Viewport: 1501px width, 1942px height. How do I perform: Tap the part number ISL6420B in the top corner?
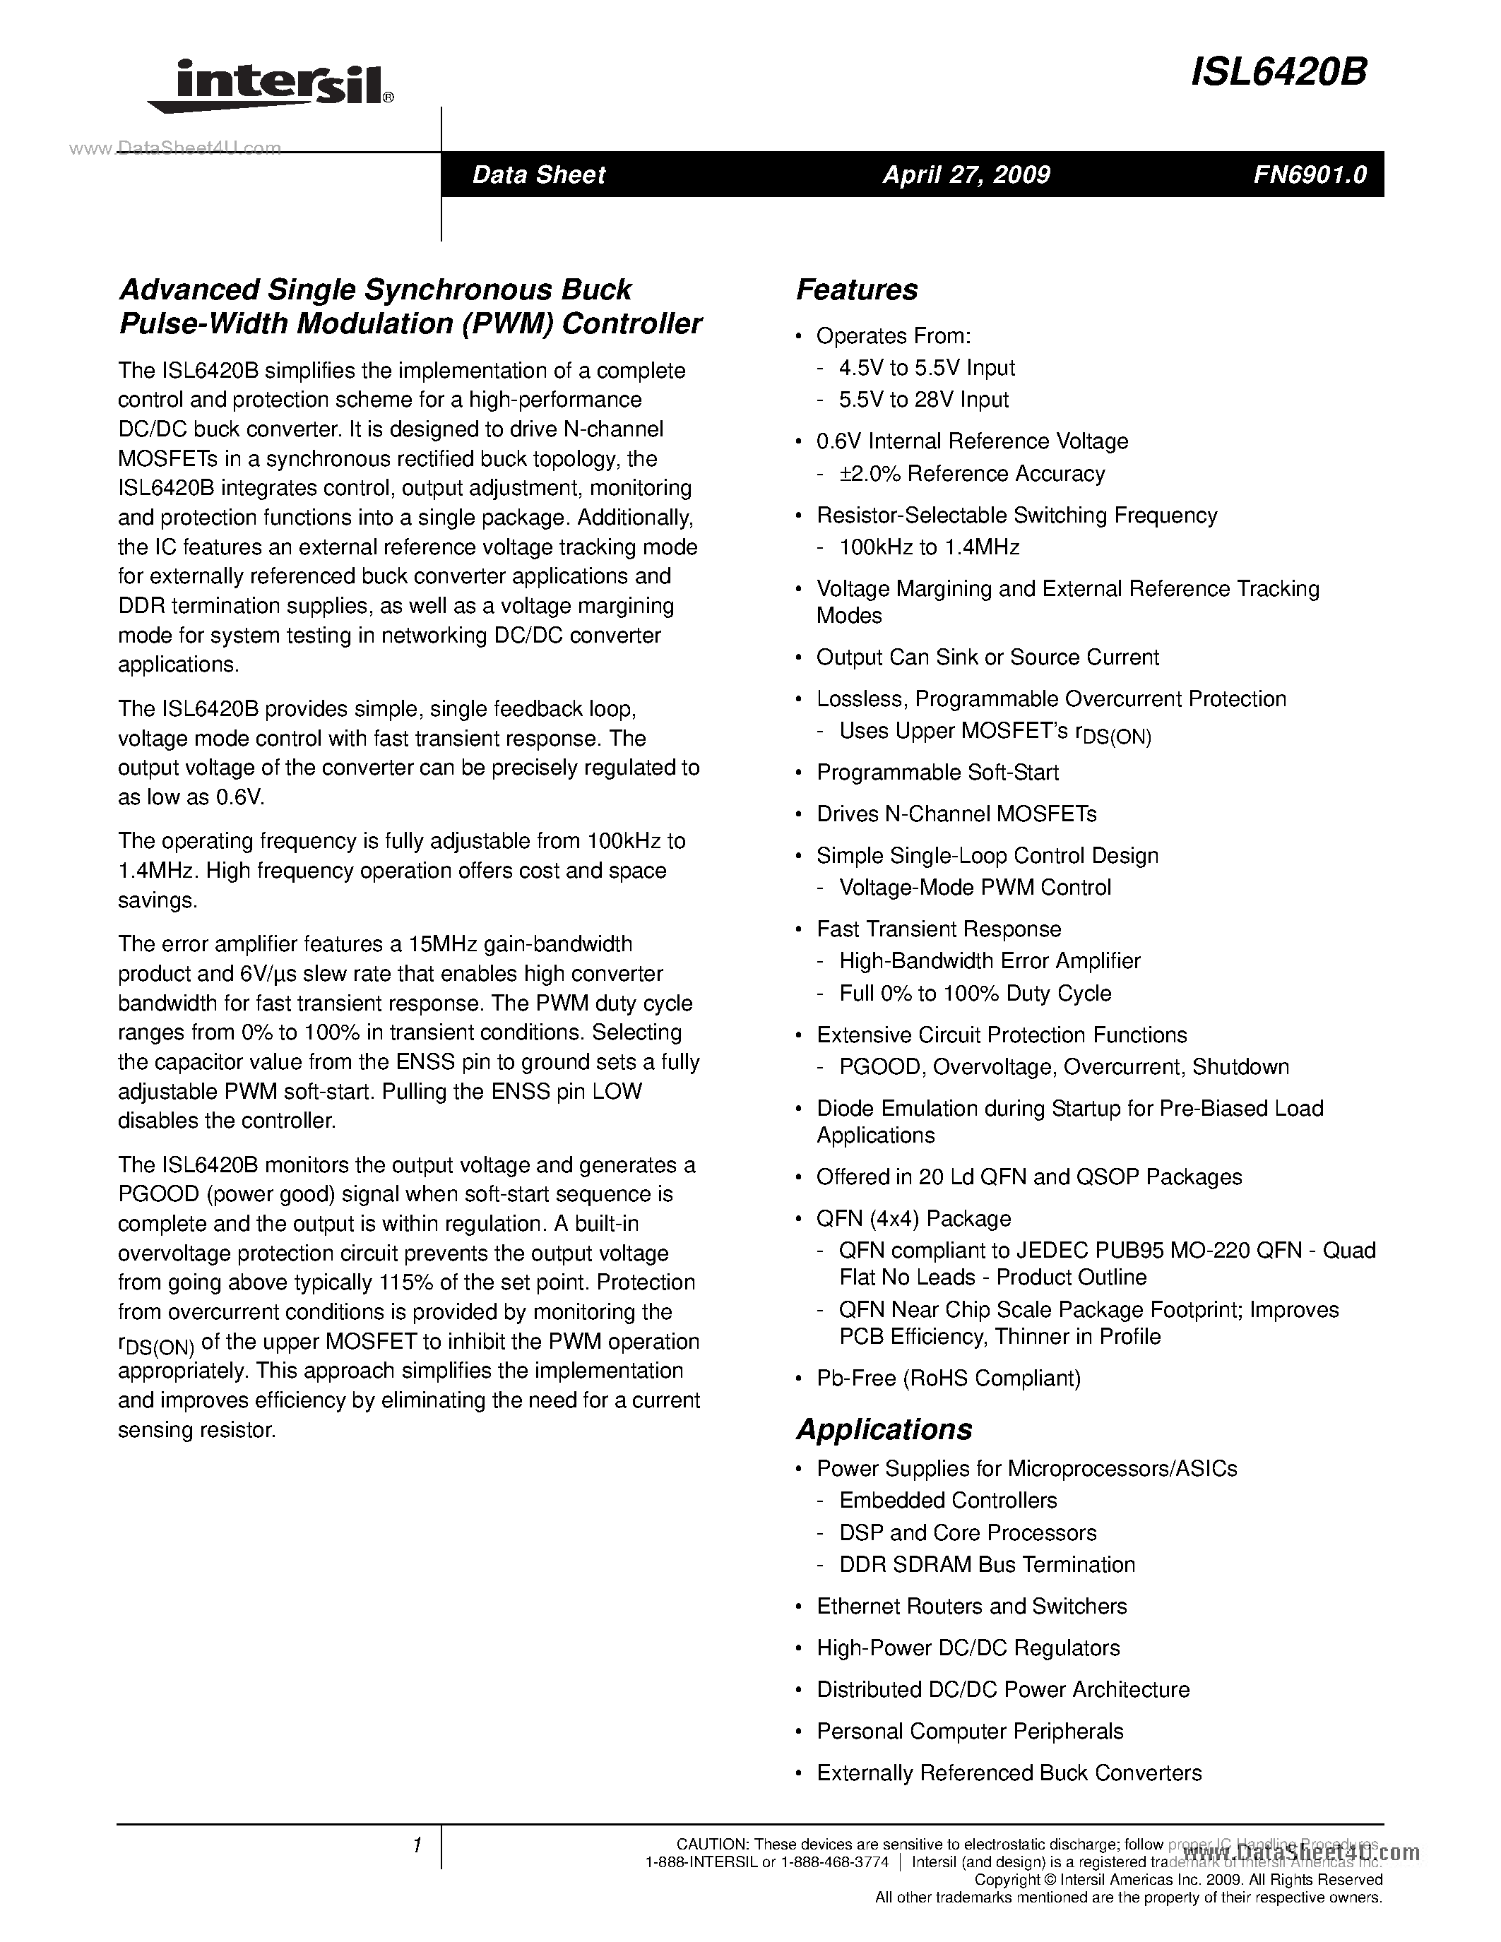pyautogui.click(x=1278, y=73)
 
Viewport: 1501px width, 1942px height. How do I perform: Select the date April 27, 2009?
pyautogui.click(x=966, y=174)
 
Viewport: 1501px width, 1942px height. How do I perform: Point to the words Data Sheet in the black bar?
pyautogui.click(x=538, y=174)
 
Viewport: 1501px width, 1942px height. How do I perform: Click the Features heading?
pyautogui.click(x=856, y=290)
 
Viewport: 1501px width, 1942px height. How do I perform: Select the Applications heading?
pyautogui.click(x=884, y=1429)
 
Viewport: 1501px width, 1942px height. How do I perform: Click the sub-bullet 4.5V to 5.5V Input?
pyautogui.click(x=927, y=368)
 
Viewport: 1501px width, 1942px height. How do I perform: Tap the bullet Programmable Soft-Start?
pyautogui.click(x=937, y=772)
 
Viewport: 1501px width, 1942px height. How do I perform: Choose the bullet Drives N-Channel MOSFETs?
pyautogui.click(x=956, y=814)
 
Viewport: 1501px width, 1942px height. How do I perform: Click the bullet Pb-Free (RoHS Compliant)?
pyautogui.click(x=948, y=1378)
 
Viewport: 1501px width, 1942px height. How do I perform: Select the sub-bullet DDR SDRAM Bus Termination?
pyautogui.click(x=987, y=1564)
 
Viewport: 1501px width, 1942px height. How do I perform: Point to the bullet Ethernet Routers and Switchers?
pyautogui.click(x=971, y=1606)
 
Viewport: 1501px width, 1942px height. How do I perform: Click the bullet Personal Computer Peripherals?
pyautogui.click(x=969, y=1732)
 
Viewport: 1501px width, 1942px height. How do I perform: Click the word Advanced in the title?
pyautogui.click(x=189, y=290)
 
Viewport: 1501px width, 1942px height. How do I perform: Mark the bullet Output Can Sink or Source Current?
pyautogui.click(x=987, y=657)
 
